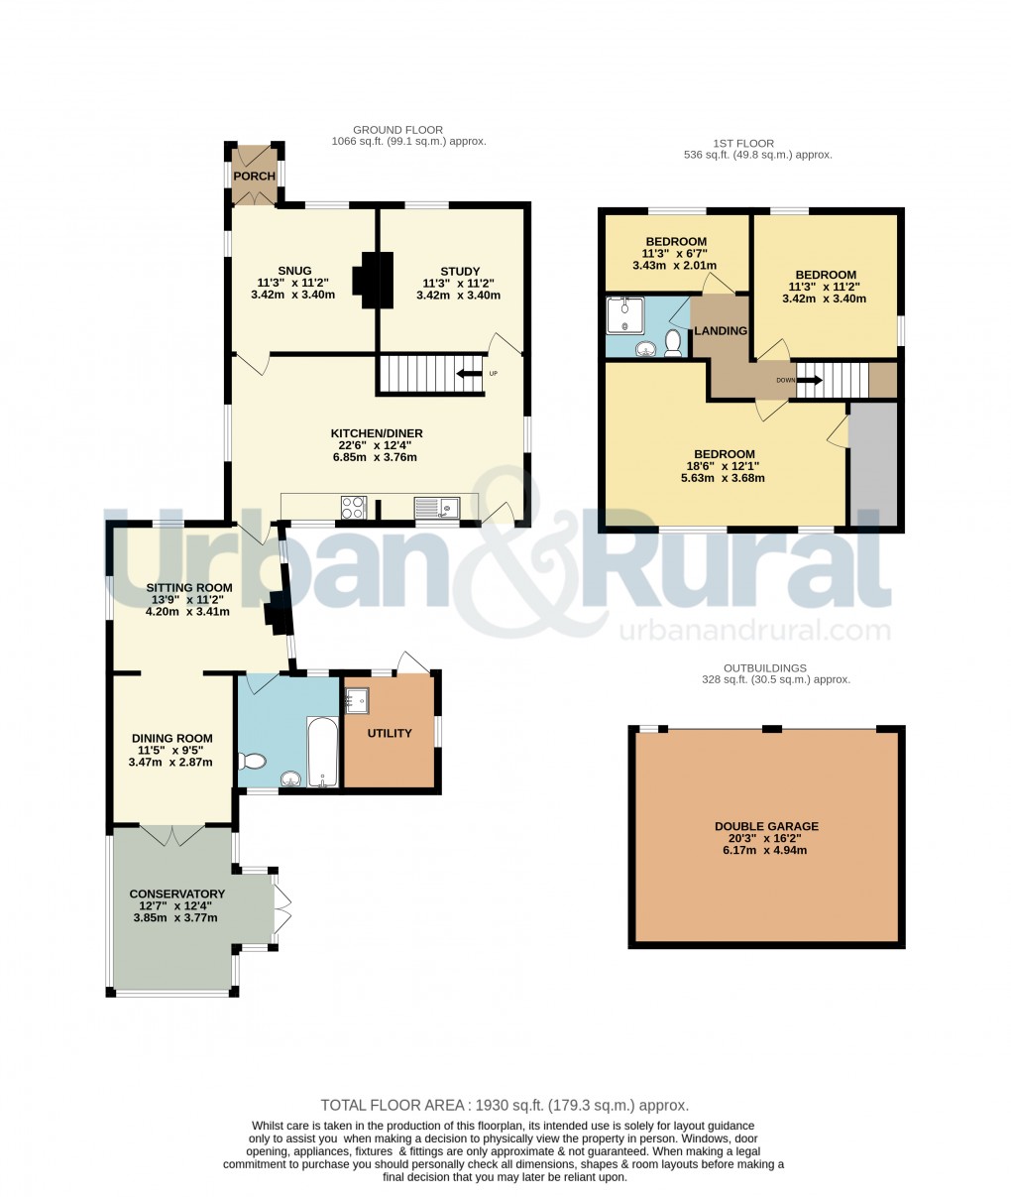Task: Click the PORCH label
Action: (x=255, y=177)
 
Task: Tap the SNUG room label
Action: (x=294, y=271)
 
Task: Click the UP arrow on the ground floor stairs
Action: (x=469, y=374)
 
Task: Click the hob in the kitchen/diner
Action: (x=354, y=507)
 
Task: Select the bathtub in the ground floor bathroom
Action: (x=322, y=751)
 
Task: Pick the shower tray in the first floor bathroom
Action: (x=624, y=314)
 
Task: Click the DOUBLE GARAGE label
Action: (x=766, y=826)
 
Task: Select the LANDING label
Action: (x=720, y=330)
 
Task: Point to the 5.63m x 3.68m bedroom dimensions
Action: (x=724, y=478)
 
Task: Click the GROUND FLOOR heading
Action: (x=397, y=130)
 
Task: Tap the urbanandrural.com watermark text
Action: (x=753, y=631)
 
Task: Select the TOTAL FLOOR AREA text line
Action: (x=505, y=1105)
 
